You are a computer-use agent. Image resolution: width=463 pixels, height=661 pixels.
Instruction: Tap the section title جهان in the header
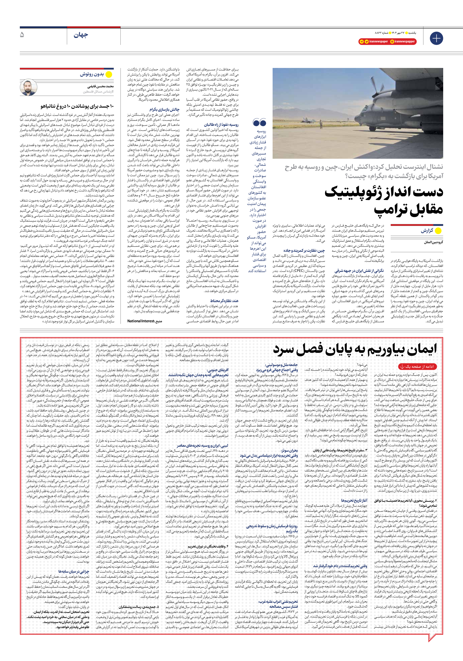coord(81,35)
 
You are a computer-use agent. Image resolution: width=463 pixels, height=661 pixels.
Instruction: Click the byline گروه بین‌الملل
coord(433,242)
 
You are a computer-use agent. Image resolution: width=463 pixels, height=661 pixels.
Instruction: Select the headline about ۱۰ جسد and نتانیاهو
coord(77,106)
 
